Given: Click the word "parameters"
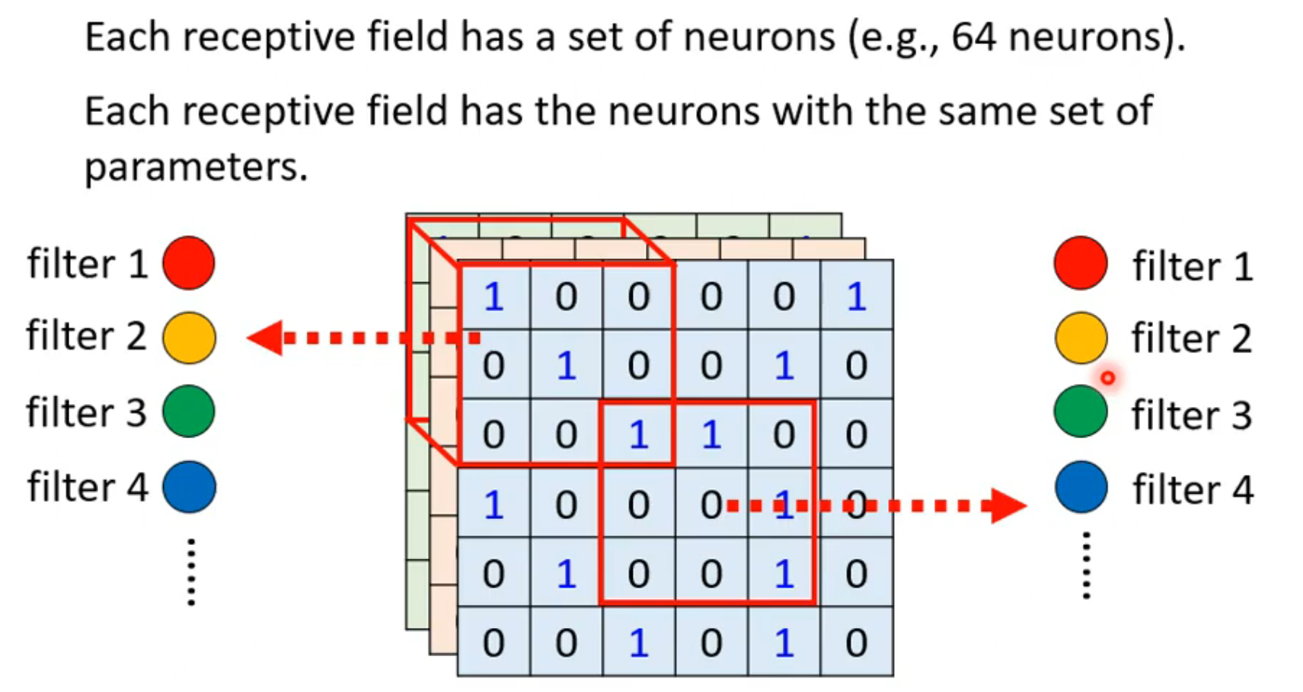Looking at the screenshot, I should point(196,167).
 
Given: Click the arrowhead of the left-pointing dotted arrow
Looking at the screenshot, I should point(266,338).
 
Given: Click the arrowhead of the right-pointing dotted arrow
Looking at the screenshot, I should point(1007,505).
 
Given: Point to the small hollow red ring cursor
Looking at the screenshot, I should point(1107,377).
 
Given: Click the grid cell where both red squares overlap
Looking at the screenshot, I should point(638,434).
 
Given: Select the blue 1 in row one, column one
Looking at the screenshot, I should point(493,296).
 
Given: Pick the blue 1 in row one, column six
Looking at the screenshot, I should point(856,296).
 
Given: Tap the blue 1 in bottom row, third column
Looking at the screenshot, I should point(638,643).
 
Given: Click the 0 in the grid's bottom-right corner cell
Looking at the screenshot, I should point(856,643).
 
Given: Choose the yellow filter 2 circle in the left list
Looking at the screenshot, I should point(189,337).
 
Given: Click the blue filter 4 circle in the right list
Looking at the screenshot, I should point(1081,487).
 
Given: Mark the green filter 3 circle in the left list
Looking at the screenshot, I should point(189,412).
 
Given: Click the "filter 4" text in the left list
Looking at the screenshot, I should point(87,487).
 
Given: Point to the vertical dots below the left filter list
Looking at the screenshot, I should point(191,572).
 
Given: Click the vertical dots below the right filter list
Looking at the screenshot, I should point(1086,565).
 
